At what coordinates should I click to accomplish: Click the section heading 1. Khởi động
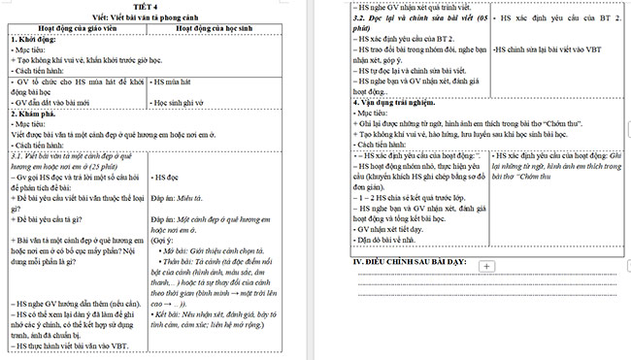[32, 40]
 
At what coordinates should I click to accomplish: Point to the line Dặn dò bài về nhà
[391, 239]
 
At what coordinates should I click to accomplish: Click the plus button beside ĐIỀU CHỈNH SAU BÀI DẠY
[486, 265]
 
